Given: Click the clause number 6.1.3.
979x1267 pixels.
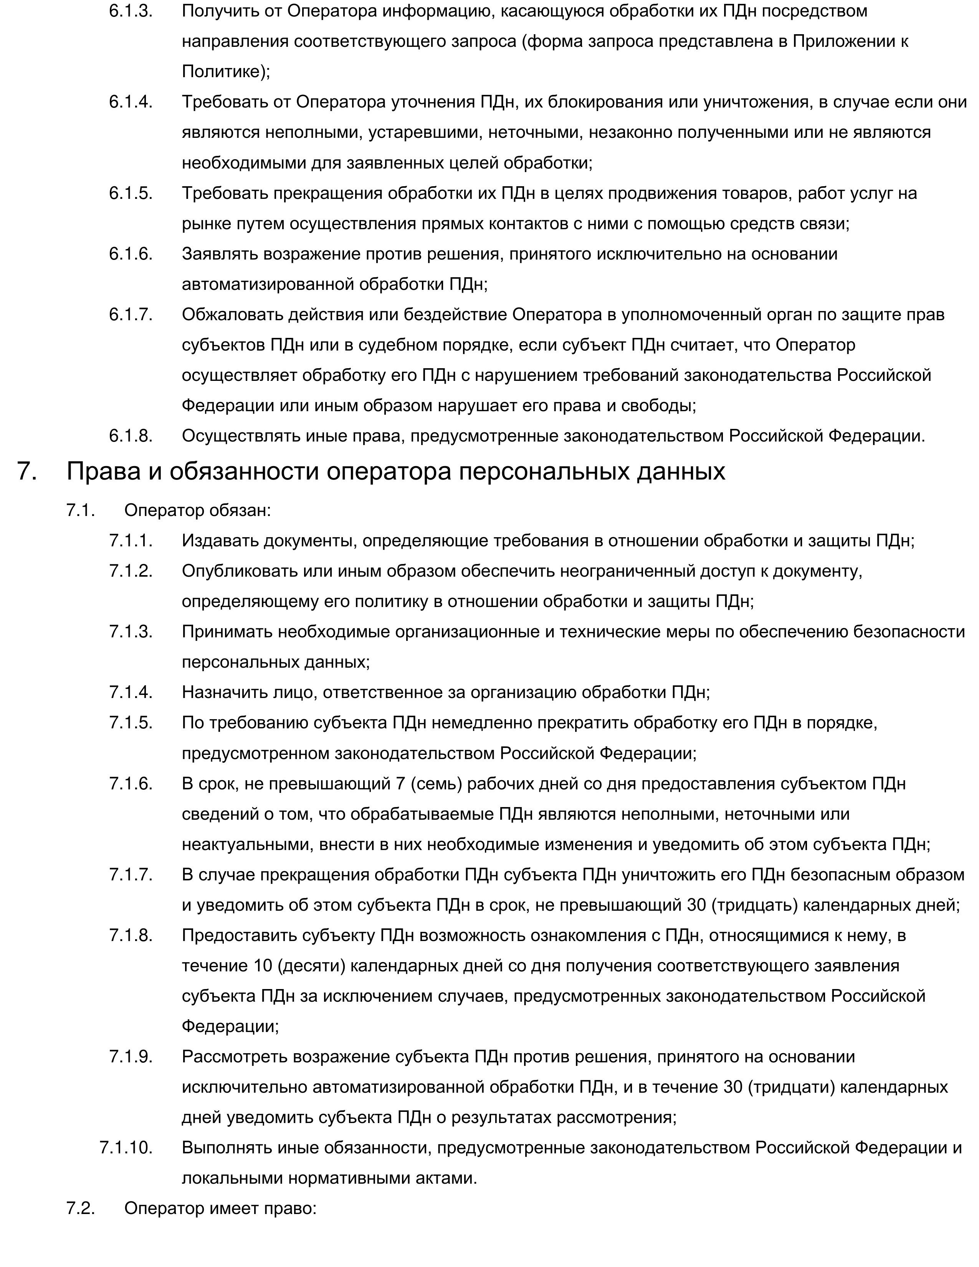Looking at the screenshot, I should click(x=131, y=11).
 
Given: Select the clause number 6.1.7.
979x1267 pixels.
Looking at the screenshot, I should click(x=131, y=314).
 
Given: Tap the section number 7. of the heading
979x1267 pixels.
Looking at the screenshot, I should click(x=26, y=471).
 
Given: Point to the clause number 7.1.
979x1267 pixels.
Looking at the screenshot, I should click(x=80, y=511).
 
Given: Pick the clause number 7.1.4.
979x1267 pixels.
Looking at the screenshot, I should click(x=131, y=692).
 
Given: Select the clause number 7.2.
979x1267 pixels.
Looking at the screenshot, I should click(x=80, y=1208).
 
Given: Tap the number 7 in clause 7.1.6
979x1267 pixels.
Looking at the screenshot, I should click(x=400, y=783).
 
